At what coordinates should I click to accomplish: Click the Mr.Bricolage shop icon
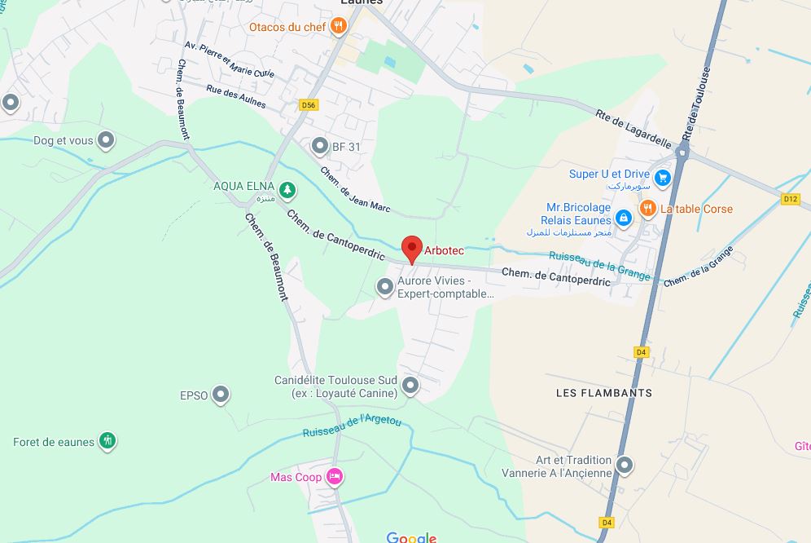click(624, 217)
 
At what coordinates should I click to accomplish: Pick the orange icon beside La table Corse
click(647, 209)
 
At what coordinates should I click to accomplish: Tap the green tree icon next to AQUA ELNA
click(287, 190)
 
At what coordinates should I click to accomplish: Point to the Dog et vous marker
click(106, 140)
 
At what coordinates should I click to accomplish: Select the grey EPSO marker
click(221, 395)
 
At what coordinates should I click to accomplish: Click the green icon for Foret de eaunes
click(107, 441)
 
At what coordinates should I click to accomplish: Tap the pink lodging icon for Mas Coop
click(334, 477)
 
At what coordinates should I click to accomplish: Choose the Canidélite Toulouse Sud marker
click(411, 385)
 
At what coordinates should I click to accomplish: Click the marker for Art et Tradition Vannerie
click(625, 465)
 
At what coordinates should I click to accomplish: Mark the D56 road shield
click(308, 105)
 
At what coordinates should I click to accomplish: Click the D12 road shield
click(790, 198)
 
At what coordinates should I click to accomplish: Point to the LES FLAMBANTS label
click(603, 393)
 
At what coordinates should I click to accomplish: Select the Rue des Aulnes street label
click(236, 101)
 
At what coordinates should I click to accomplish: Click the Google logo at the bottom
click(411, 537)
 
